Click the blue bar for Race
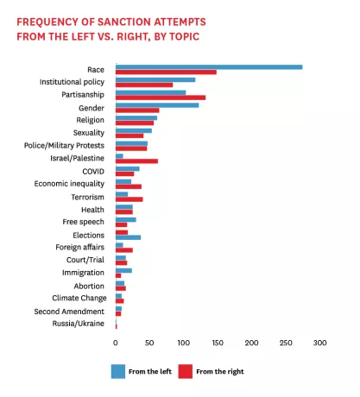pyautogui.click(x=208, y=66)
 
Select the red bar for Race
pyautogui.click(x=166, y=72)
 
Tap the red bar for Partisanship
pyautogui.click(x=160, y=98)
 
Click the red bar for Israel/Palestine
pyautogui.click(x=136, y=161)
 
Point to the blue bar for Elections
pyautogui.click(x=128, y=237)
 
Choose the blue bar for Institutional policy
pyautogui.click(x=155, y=79)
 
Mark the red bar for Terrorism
pyautogui.click(x=129, y=199)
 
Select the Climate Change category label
pyautogui.click(x=76, y=298)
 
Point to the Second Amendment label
pyautogui.click(x=69, y=311)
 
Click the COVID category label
pyautogui.click(x=92, y=171)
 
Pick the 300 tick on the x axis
pyautogui.click(x=320, y=343)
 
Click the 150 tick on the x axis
pyautogui.click(x=218, y=343)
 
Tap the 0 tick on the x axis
pyautogui.click(x=115, y=343)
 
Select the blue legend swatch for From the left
pyautogui.click(x=117, y=371)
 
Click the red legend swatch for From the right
pyautogui.click(x=185, y=371)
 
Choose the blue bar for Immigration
pyautogui.click(x=123, y=270)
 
